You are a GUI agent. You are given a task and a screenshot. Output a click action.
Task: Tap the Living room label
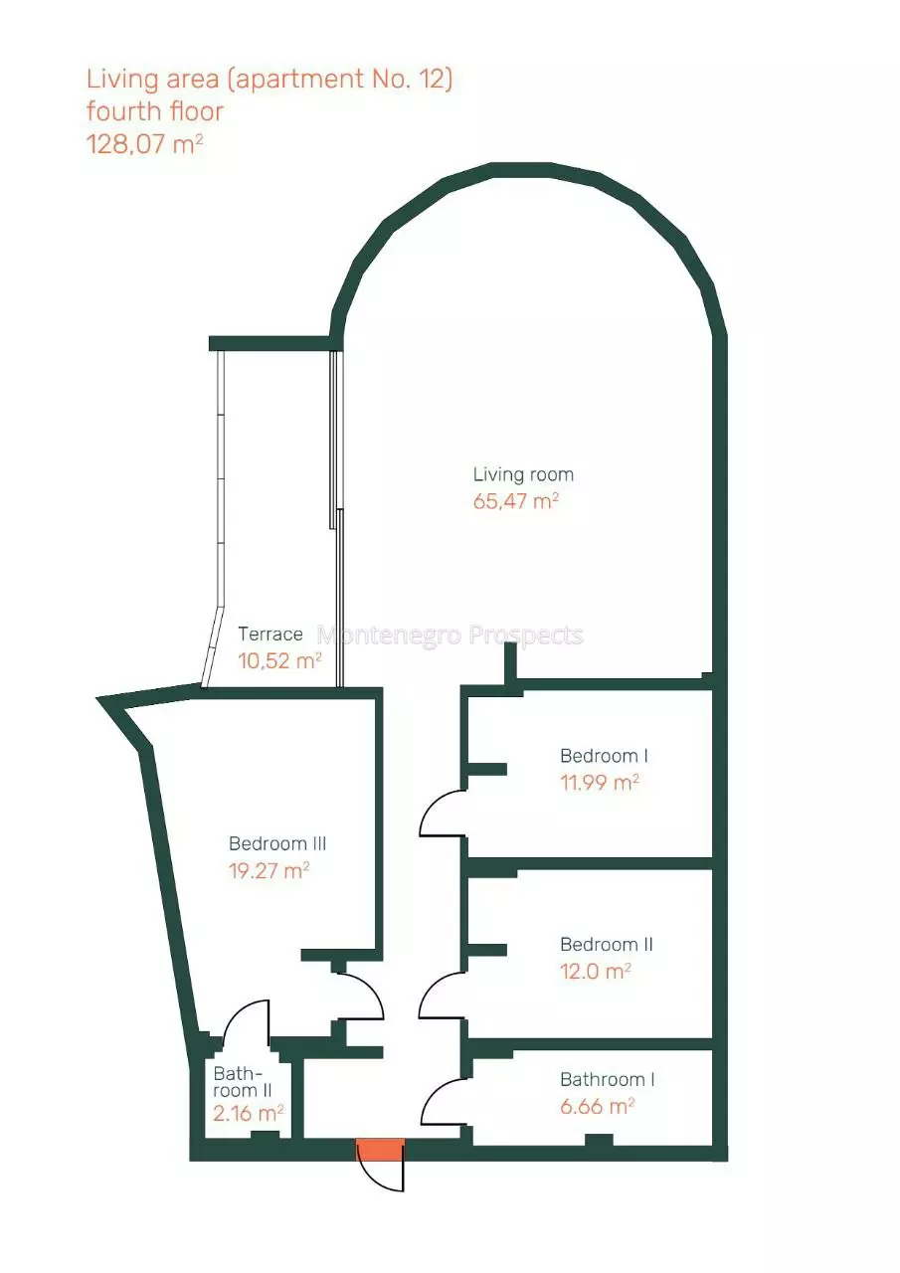point(523,474)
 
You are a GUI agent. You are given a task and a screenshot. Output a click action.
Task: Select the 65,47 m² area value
point(516,501)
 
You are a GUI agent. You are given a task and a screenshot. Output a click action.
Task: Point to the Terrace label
point(270,634)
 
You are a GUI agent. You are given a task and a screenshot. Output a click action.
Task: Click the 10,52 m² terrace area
point(279,660)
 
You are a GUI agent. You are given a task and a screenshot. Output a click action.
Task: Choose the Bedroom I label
point(604,756)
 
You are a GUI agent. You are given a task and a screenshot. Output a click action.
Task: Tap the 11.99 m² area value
point(600,783)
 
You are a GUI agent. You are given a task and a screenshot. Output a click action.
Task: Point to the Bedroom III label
point(277,843)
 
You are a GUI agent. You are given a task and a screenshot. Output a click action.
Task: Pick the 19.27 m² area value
point(269,870)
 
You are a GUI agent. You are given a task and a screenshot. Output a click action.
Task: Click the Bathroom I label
point(607,1080)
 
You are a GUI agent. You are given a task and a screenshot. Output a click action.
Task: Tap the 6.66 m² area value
point(597,1107)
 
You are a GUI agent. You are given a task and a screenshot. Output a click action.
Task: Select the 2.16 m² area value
point(249,1113)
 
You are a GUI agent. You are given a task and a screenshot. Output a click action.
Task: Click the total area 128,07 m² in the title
point(145,144)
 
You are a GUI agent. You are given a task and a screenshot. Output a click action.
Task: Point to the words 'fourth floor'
point(154,111)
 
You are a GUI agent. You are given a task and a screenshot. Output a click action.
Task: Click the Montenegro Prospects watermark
point(450,635)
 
